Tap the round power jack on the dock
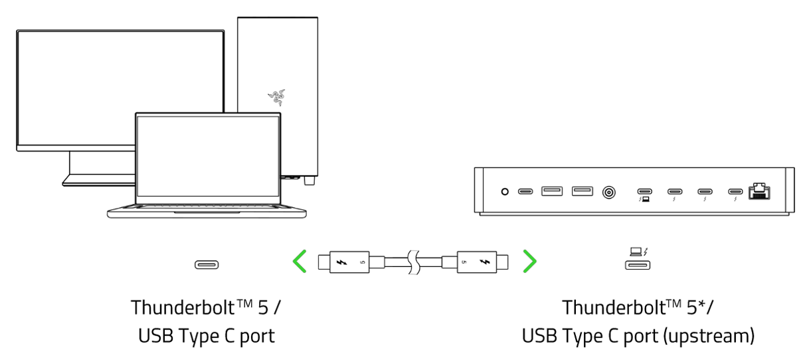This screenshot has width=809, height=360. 608,192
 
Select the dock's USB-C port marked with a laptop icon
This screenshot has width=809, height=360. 644,191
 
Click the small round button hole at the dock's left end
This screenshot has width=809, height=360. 505,192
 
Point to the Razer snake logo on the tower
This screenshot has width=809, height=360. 276,97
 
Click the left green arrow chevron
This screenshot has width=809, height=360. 300,262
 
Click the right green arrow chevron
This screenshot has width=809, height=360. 529,262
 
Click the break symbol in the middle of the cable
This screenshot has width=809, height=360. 413,262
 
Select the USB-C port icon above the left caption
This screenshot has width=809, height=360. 207,264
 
